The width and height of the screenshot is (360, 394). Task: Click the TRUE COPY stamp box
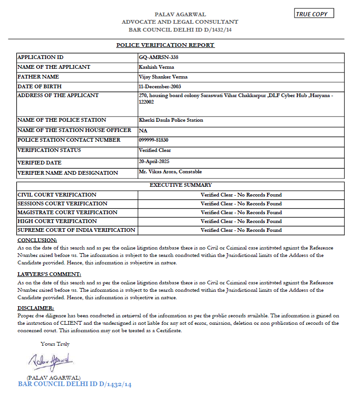coord(314,13)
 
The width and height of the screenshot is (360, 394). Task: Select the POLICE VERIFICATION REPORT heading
coord(165,45)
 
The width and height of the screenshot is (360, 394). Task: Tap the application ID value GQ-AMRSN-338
coord(158,57)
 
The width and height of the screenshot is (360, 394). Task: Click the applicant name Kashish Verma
coord(157,67)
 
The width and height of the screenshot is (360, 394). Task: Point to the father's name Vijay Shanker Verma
coord(163,77)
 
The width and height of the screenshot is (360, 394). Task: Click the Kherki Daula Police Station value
coord(171,120)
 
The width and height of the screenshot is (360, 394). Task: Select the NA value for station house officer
coord(143,131)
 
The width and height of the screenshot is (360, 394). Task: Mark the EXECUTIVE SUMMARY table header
coord(181,185)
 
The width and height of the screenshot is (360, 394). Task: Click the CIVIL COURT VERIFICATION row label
coord(57,195)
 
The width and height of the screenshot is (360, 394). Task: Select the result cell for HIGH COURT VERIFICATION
coord(241,221)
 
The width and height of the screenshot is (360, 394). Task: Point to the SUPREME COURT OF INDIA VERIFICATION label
coord(76,230)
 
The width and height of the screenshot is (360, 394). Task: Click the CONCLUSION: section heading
coord(37,240)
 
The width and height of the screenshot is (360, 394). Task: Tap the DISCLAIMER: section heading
coord(36,308)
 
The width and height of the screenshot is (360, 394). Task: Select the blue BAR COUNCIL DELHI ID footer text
coord(75,385)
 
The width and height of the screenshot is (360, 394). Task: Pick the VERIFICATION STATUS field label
coord(49,150)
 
